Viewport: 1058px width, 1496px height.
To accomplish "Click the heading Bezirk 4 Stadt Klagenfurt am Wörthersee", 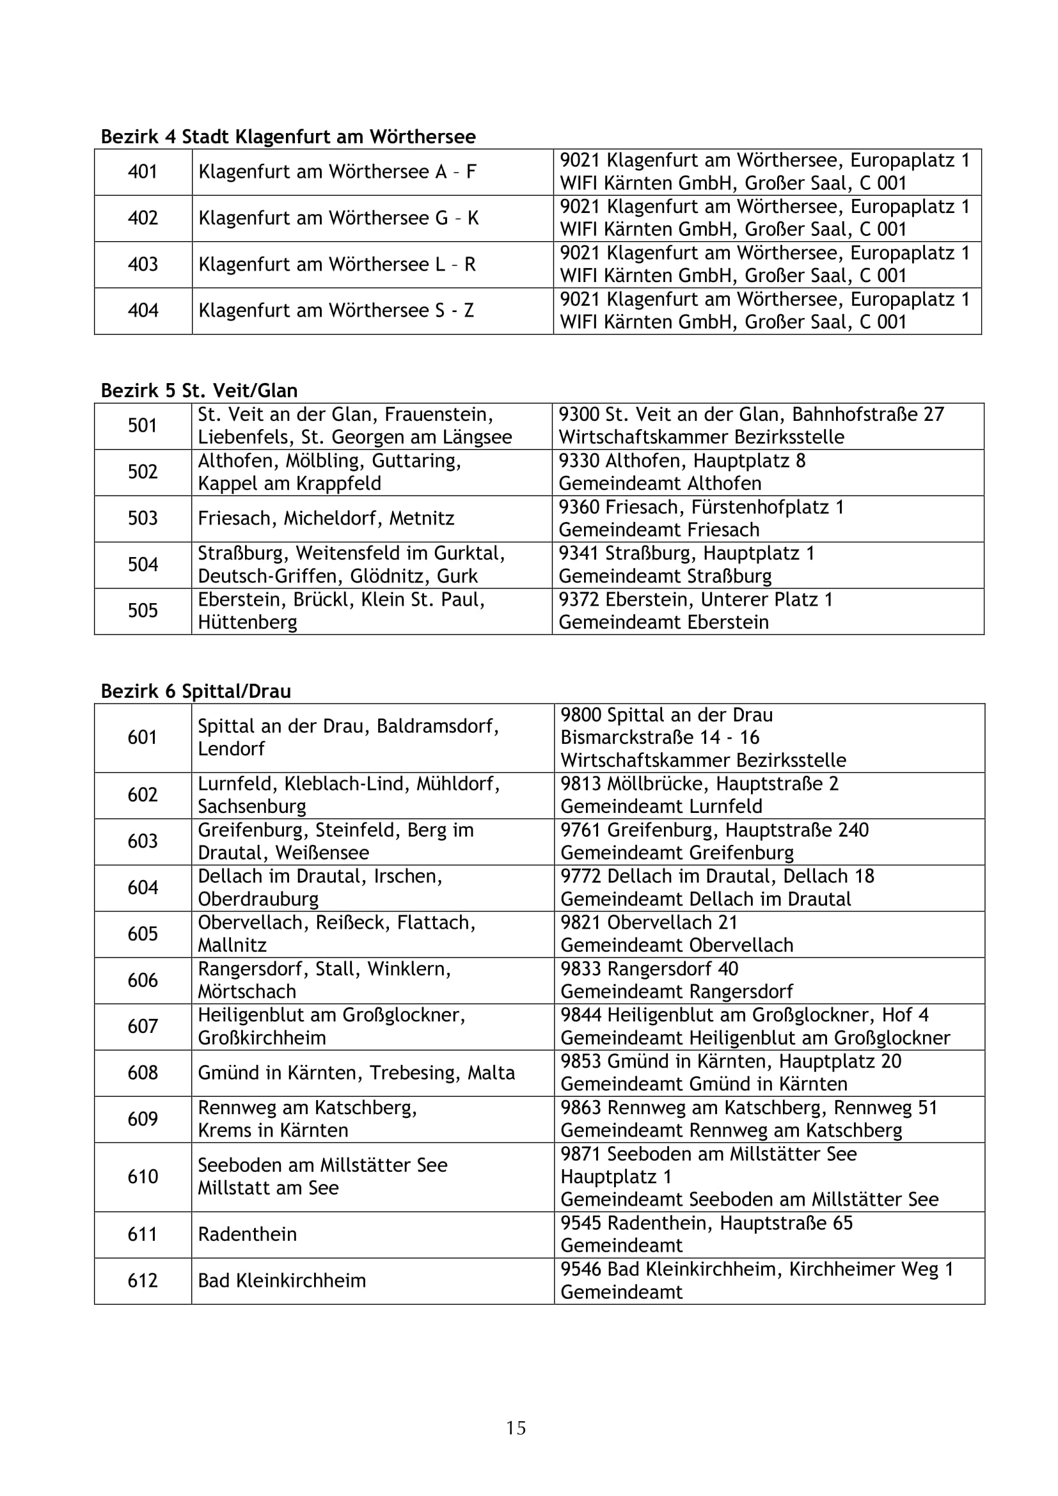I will click(x=288, y=137).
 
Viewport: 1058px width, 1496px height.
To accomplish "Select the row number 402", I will click(x=143, y=217).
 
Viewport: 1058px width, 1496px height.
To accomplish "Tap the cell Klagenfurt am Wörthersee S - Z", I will click(x=336, y=310).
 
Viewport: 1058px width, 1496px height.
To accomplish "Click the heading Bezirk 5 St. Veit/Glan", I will click(x=199, y=391).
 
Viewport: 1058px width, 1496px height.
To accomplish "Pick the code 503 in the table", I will click(x=143, y=518).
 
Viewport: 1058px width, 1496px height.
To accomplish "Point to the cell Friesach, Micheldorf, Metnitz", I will click(x=326, y=519).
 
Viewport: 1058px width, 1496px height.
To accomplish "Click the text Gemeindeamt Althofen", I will click(x=660, y=484).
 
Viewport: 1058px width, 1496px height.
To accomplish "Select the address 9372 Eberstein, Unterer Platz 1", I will click(x=696, y=599).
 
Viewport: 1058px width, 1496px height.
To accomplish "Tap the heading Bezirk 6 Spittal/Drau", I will click(x=196, y=691).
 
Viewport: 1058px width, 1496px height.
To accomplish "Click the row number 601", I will click(x=143, y=737).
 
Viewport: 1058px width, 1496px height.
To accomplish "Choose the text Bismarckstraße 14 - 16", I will click(x=660, y=737).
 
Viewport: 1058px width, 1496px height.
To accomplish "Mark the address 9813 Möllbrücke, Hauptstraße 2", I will click(x=699, y=783).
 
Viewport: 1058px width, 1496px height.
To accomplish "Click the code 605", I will click(x=143, y=934).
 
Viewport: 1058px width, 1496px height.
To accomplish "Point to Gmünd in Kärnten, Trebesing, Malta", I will click(x=356, y=1073).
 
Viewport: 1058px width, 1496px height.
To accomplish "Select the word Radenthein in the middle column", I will click(x=248, y=1234).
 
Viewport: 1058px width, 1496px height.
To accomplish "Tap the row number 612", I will click(x=143, y=1280).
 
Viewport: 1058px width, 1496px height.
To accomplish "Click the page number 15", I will click(x=516, y=1428).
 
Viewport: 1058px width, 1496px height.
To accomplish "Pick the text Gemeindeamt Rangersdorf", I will click(x=677, y=992).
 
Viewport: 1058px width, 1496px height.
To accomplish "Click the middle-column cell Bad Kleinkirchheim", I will click(x=282, y=1280).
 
